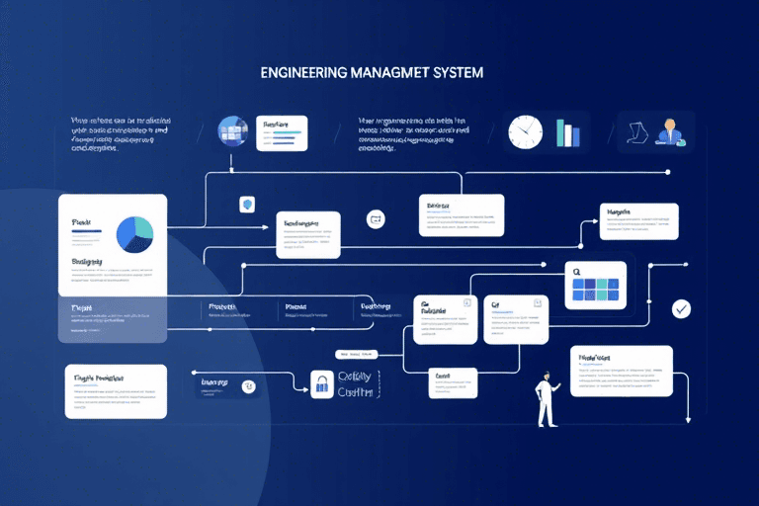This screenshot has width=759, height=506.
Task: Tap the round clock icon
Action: coord(526,131)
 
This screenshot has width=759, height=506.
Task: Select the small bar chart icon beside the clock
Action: coord(567,133)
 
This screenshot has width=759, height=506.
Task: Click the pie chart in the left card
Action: coord(135,233)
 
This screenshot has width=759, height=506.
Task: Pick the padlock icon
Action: coord(320,385)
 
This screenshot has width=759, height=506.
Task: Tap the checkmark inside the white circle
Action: coord(681,309)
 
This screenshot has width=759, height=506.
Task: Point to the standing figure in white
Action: coord(545,399)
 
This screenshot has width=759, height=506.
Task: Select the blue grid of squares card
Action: coord(596,285)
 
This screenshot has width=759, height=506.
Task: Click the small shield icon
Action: coord(247,205)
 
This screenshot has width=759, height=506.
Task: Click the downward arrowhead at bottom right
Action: coord(686,419)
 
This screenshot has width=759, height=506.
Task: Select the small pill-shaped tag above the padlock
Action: coord(356,354)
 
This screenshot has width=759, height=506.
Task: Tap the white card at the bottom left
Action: coord(116,390)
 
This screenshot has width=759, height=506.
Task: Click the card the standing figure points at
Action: coord(621,371)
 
